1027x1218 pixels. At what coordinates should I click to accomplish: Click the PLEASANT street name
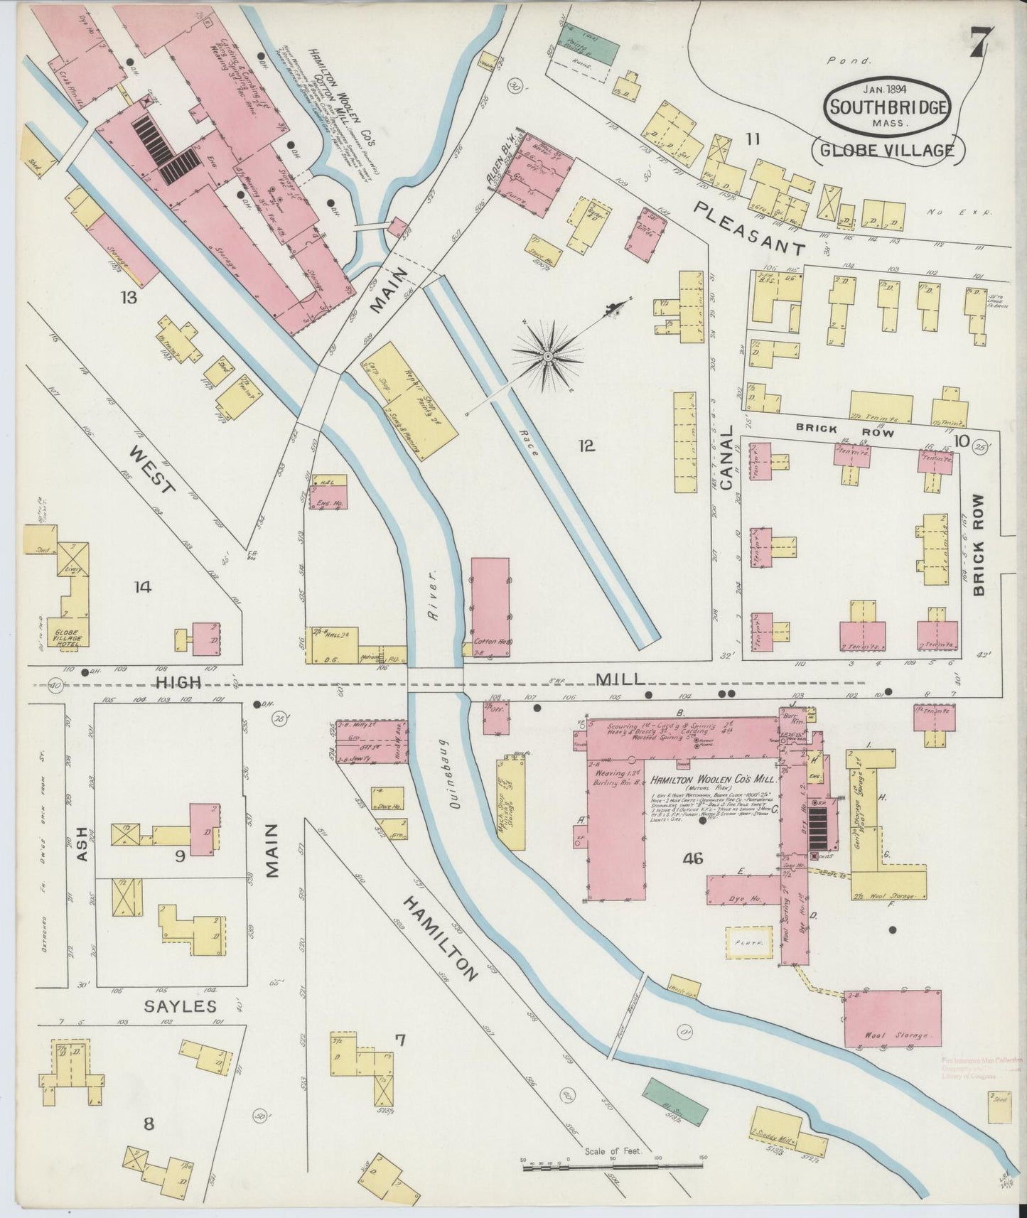coord(750,227)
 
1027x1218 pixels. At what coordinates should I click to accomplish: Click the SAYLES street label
coord(180,1006)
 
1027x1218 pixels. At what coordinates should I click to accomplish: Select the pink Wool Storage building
coord(893,1018)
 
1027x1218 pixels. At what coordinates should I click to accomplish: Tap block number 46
coord(692,859)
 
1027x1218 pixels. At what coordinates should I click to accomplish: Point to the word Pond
coord(848,61)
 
